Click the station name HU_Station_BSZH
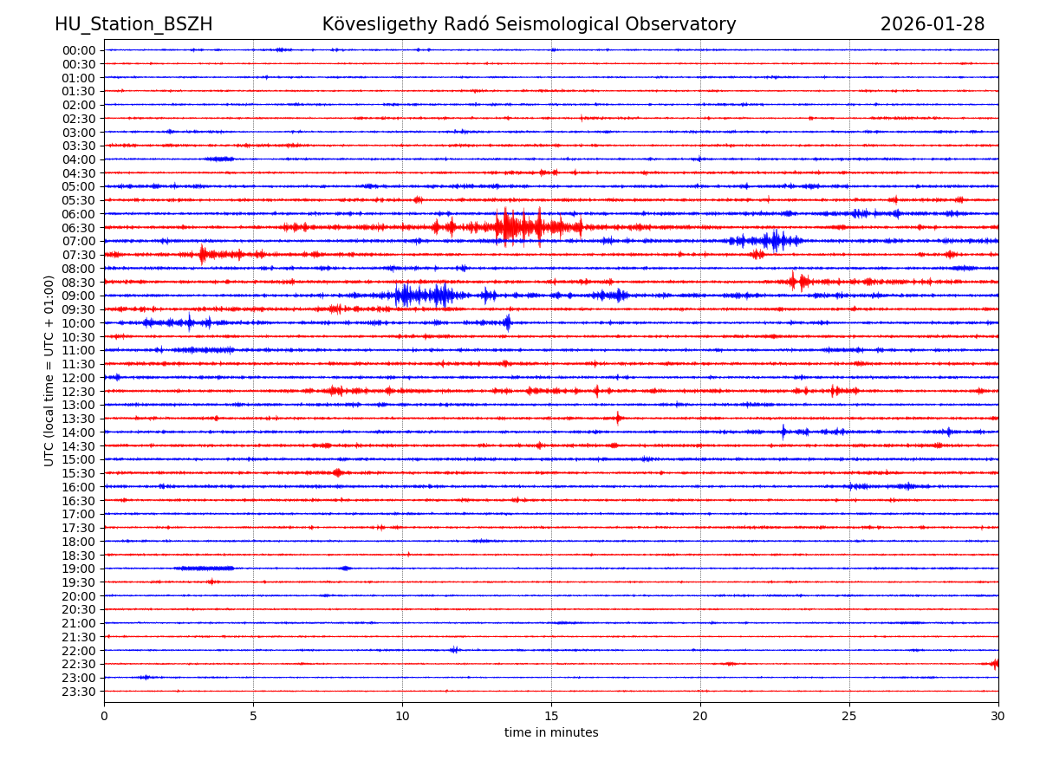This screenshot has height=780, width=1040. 133,25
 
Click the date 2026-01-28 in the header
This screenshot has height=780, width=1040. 932,25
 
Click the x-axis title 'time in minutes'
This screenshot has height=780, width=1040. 551,733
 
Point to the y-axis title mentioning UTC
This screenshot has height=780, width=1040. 50,370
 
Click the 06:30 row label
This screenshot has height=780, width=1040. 79,228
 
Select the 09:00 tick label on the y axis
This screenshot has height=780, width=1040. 79,296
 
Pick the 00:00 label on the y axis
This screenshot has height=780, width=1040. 79,50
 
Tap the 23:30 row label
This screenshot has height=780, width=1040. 79,692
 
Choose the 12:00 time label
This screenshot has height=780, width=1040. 79,378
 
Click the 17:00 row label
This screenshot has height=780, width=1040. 79,514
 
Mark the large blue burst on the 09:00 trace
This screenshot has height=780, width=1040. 420,296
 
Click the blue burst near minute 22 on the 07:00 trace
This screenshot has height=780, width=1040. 774,240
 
